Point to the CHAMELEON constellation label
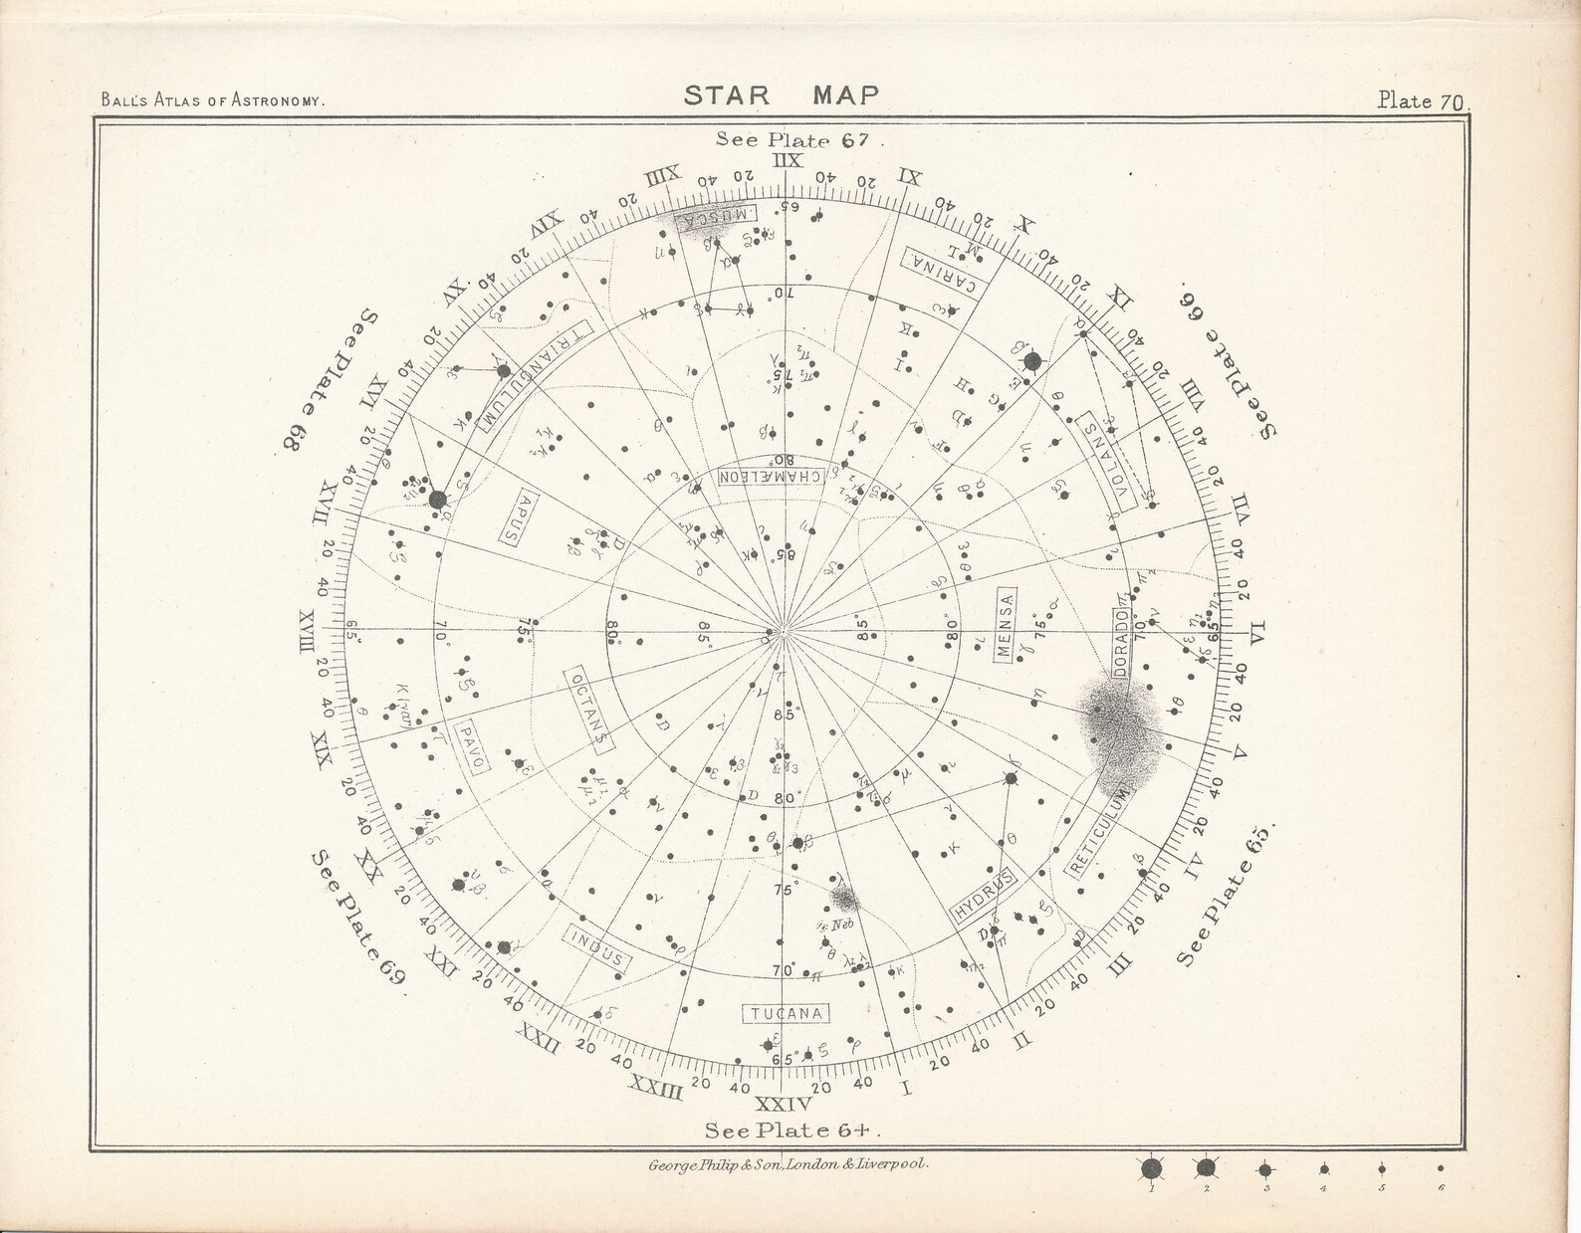click(x=772, y=477)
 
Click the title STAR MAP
click(x=782, y=96)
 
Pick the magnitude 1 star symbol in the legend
click(x=1152, y=1169)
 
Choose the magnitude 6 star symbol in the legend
click(x=1440, y=1169)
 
